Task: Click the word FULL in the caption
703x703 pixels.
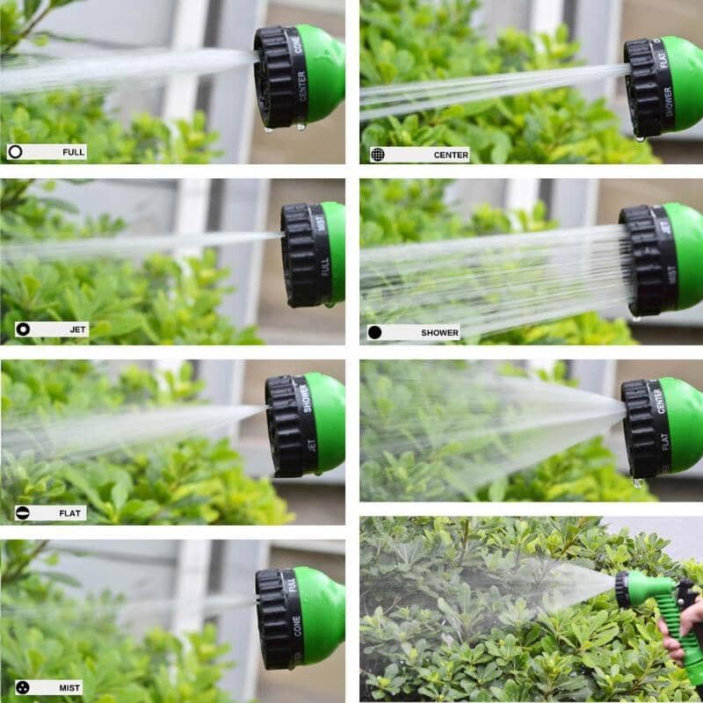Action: (x=74, y=152)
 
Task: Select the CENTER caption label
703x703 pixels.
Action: (x=451, y=155)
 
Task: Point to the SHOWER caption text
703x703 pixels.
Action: (x=439, y=333)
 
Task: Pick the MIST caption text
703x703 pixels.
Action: (x=70, y=687)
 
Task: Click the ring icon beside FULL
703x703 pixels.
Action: (x=15, y=152)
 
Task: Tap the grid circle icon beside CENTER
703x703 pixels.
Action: (x=378, y=155)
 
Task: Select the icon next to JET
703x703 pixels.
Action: (x=23, y=330)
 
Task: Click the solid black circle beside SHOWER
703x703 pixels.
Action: (x=375, y=333)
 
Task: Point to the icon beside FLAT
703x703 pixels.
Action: (x=22, y=513)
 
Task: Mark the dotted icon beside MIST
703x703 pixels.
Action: (x=21, y=687)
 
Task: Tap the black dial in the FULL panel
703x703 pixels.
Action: (x=280, y=76)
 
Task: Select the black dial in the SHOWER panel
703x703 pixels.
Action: (x=649, y=260)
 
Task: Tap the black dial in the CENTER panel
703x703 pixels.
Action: (x=649, y=87)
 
